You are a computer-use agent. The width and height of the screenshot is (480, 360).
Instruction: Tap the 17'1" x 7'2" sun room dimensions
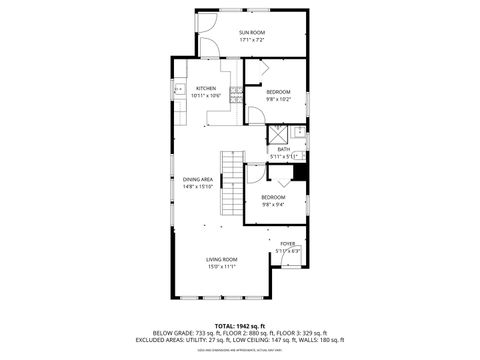click(251, 40)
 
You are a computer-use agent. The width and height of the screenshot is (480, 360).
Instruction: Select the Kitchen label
click(206, 88)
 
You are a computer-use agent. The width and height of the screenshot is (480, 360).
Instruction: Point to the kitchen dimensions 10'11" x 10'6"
click(206, 95)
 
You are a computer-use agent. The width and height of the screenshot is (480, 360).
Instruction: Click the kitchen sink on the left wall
click(178, 89)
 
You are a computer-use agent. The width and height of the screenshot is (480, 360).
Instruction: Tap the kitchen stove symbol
click(235, 95)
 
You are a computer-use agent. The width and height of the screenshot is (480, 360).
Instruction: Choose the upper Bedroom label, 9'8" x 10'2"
click(278, 92)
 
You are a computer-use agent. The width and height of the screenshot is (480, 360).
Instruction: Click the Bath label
click(284, 149)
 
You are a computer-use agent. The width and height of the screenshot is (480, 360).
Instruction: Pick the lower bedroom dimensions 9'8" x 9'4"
click(273, 204)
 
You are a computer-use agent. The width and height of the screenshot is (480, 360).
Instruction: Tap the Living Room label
click(221, 259)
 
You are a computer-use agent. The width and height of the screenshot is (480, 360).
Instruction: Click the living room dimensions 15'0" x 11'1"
click(221, 266)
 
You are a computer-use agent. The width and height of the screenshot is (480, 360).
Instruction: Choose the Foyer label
click(287, 243)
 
